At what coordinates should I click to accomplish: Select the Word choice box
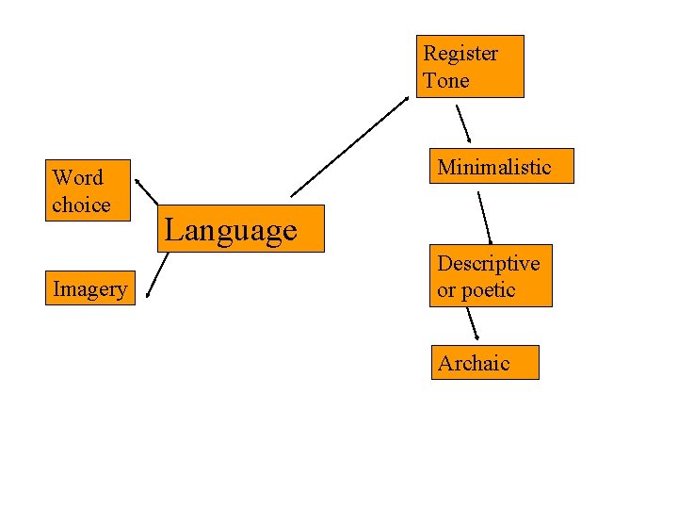tap(89, 190)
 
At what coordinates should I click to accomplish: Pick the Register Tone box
tap(470, 67)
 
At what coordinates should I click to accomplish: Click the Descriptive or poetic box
tap(492, 276)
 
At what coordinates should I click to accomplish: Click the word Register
tap(460, 54)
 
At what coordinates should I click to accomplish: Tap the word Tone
tap(446, 80)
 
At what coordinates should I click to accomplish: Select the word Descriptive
tap(488, 263)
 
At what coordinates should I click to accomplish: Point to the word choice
tap(81, 205)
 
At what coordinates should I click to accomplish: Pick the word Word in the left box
tap(78, 177)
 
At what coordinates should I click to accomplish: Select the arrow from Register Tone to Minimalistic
tap(463, 123)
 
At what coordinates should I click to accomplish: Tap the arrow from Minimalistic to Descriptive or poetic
tap(485, 218)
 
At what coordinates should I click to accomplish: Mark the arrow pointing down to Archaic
tap(475, 323)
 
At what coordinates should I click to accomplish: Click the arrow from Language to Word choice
tap(147, 190)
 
